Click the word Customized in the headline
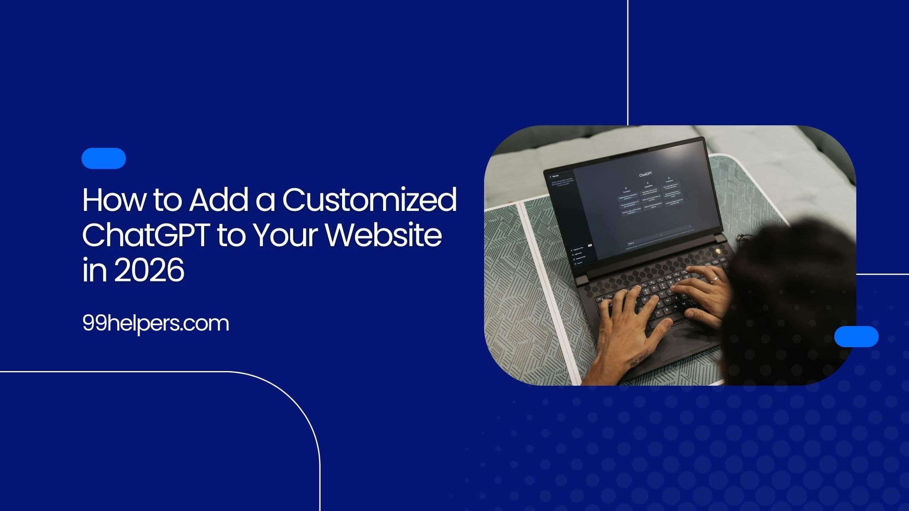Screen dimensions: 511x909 pos(369,200)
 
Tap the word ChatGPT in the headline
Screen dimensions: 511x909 pos(146,235)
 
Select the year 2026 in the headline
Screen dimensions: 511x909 pos(149,270)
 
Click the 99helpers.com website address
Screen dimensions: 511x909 pos(156,324)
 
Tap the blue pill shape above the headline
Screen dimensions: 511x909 pos(103,158)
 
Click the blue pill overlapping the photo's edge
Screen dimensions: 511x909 pos(856,337)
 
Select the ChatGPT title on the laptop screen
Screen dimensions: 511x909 pos(645,175)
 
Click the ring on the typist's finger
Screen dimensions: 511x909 pos(714,279)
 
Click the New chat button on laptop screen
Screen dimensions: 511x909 pos(555,176)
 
